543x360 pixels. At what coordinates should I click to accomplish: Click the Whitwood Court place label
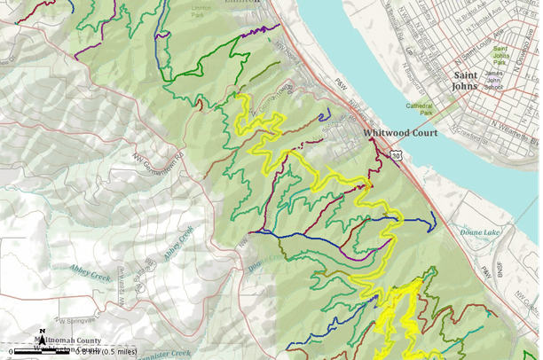tap(400, 133)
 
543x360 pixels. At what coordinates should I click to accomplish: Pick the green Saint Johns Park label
tap(502, 54)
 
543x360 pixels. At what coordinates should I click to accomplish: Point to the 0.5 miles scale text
tap(120, 351)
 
